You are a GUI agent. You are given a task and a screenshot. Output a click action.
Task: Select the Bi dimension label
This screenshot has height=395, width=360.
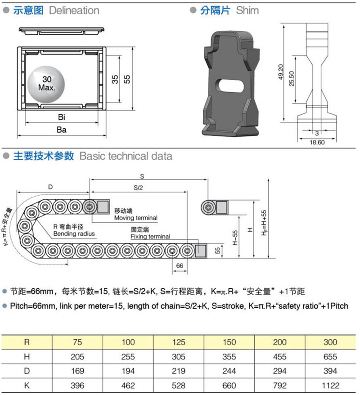pos(62,117)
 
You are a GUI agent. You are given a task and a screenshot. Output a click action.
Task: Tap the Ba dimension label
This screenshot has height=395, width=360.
pos(62,130)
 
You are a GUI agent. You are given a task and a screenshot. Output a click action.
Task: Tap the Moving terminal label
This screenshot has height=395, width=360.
pos(135,218)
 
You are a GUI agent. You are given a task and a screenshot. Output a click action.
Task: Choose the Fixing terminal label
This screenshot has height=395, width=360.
pos(150,237)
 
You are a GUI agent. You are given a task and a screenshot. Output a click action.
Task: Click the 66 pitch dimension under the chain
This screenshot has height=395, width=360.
pos(180,266)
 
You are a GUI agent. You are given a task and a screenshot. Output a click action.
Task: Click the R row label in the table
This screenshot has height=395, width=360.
pos(27,342)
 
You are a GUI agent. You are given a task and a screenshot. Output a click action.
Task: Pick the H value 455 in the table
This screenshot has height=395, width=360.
pos(279,357)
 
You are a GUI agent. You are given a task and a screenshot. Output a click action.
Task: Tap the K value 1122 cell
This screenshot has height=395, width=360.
pos(330,385)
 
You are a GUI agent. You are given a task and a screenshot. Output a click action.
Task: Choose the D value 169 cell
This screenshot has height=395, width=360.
pos(78,371)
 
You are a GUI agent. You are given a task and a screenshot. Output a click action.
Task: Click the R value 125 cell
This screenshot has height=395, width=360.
pos(179,342)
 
